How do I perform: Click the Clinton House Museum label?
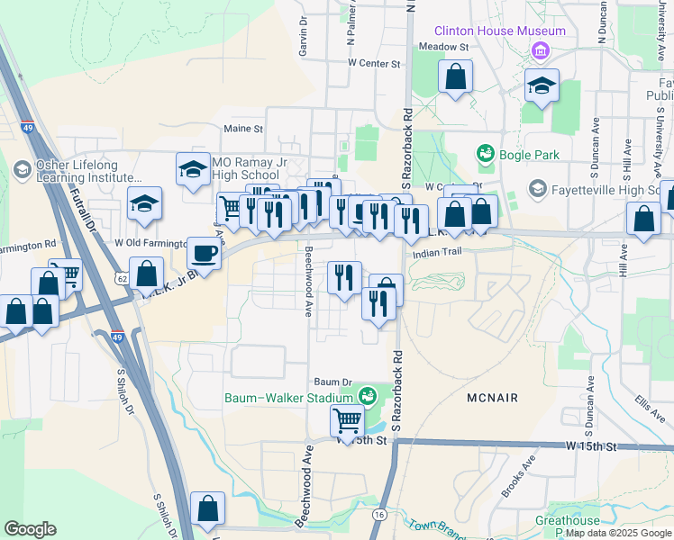pos(500,31)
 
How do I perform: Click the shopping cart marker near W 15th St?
pos(347,419)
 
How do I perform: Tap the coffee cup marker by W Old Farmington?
pos(204,253)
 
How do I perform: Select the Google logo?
pos(30,529)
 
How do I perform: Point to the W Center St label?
pos(373,63)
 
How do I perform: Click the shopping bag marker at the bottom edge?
pos(208,508)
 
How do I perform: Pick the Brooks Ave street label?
pos(519,478)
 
